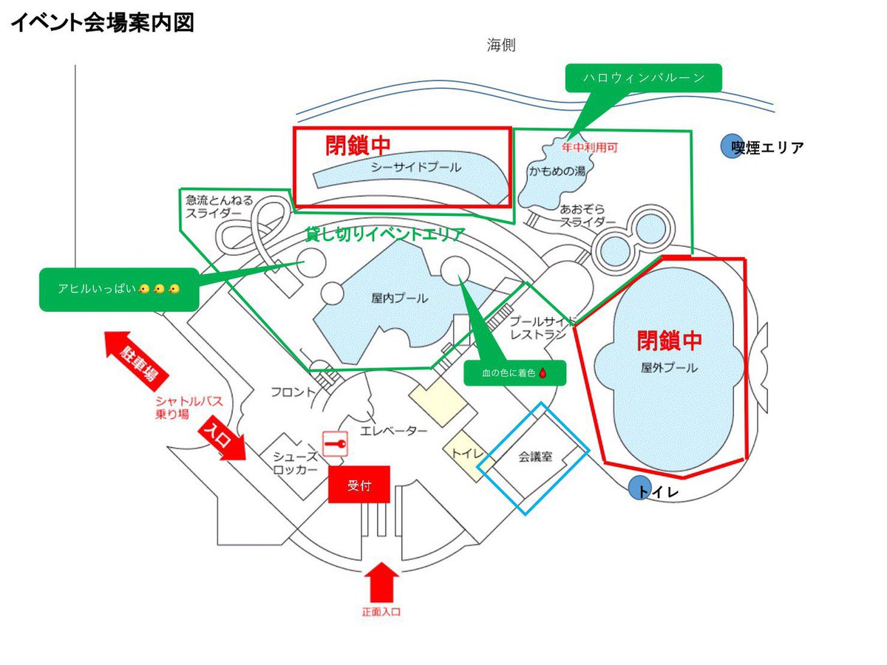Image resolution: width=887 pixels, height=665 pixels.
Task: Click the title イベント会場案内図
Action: [103, 23]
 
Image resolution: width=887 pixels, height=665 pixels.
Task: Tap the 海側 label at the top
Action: [500, 45]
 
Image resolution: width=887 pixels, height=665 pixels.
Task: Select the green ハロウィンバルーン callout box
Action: [642, 77]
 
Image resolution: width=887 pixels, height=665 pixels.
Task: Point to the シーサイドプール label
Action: [405, 167]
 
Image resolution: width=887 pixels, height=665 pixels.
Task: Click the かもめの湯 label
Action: [557, 171]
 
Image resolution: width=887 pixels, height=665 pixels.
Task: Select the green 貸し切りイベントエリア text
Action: [385, 235]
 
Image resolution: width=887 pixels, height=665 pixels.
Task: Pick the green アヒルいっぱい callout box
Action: [118, 289]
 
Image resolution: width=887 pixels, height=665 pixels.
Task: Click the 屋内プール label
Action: [399, 299]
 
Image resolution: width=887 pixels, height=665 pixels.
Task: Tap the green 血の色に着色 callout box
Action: [514, 374]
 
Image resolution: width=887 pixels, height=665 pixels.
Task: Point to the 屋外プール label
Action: [669, 367]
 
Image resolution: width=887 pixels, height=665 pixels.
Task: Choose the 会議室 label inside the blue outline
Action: [534, 456]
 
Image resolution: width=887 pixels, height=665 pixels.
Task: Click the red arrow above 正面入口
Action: [382, 582]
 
